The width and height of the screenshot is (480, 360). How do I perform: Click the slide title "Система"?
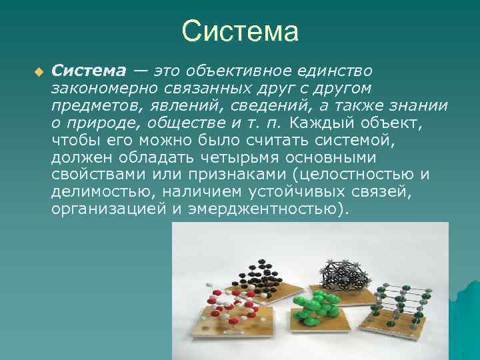point(239,31)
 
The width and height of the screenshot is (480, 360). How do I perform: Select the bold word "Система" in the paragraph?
point(88,71)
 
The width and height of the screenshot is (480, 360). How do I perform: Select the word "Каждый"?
point(324,123)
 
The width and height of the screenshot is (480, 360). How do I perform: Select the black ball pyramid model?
point(257,269)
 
